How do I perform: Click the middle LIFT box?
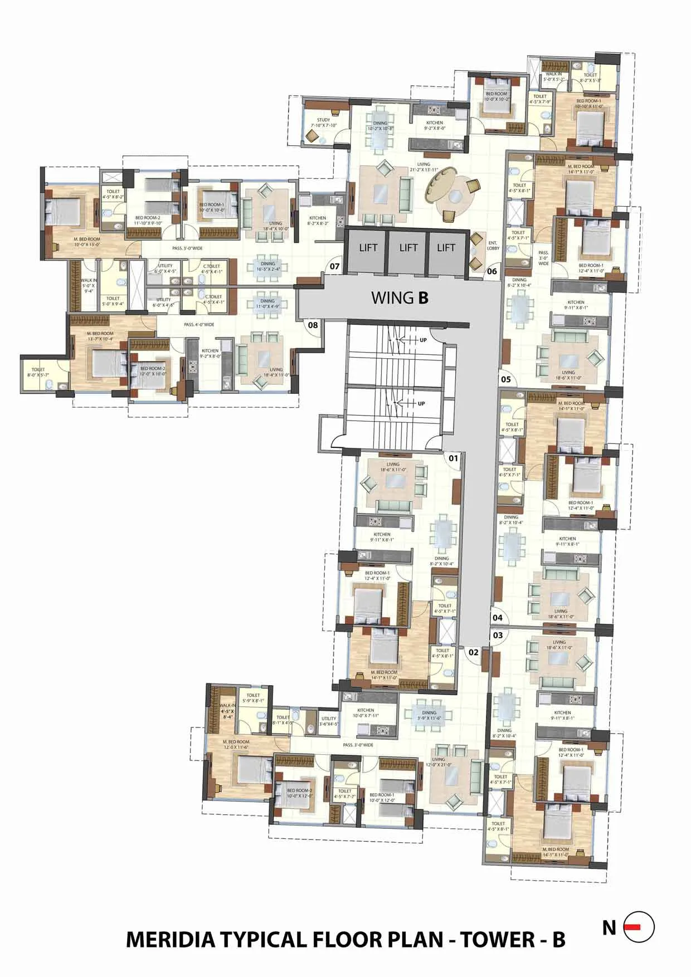pos(407,248)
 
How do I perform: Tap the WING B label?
pos(400,298)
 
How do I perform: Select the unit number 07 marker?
pos(334,266)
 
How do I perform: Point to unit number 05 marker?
pos(506,379)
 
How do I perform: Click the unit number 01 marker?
pos(453,458)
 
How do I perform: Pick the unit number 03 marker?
pos(498,635)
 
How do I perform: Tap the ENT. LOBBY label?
pos(493,245)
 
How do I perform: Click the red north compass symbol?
pos(639,926)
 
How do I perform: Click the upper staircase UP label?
pos(422,340)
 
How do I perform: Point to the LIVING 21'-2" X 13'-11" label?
pos(424,167)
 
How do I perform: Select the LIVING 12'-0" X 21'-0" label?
pos(439,761)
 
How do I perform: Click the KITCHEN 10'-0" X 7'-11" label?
pos(366,712)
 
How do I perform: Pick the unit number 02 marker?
pos(473,652)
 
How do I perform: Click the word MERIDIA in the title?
pos(171,940)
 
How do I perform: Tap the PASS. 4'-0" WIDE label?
pos(199,324)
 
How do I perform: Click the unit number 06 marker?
pos(492,272)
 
